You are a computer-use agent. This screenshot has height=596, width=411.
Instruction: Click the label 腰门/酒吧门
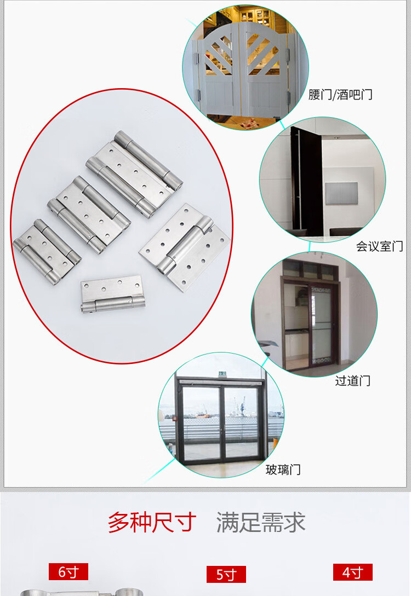pyautogui.click(x=340, y=94)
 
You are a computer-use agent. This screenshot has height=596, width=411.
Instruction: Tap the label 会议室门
pyautogui.click(x=379, y=246)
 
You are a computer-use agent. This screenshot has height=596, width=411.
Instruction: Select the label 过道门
pyautogui.click(x=352, y=380)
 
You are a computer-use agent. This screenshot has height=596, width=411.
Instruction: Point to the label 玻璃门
pyautogui.click(x=283, y=470)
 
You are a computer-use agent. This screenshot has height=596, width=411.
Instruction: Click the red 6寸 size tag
pyautogui.click(x=68, y=571)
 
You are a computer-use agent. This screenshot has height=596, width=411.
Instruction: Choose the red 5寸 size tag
pyautogui.click(x=226, y=574)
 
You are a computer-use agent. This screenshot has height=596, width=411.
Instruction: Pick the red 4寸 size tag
pyautogui.click(x=352, y=572)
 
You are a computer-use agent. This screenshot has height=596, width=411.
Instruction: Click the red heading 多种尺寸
pyautogui.click(x=152, y=522)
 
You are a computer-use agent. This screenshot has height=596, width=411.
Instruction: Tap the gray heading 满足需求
pyautogui.click(x=261, y=522)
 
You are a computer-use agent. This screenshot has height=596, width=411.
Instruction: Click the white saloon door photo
pyautogui.click(x=246, y=68)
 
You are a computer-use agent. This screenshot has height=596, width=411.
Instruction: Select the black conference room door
pyautogui.click(x=307, y=182)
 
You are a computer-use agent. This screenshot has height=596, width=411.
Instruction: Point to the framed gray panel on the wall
pyautogui.click(x=341, y=194)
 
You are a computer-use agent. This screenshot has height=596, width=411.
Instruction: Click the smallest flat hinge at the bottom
pyautogui.click(x=113, y=294)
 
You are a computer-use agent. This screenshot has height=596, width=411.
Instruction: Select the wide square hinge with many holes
pyautogui.click(x=185, y=247)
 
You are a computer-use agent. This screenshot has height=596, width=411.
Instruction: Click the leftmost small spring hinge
pyautogui.click(x=47, y=252)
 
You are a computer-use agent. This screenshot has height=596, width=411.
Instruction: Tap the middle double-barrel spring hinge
pyautogui.click(x=89, y=215)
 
